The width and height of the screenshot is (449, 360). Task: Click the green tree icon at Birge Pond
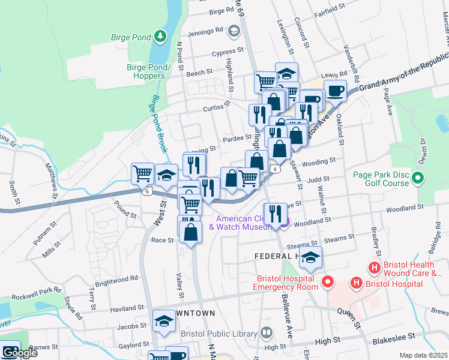click(160, 37)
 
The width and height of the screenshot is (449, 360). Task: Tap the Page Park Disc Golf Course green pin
click(418, 178)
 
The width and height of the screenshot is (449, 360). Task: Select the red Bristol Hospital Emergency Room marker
click(327, 281)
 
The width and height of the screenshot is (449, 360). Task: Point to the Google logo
click(19, 353)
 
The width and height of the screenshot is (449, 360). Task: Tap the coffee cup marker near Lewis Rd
click(335, 91)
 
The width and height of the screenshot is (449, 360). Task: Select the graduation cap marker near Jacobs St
click(164, 321)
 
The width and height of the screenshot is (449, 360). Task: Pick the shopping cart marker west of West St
click(143, 173)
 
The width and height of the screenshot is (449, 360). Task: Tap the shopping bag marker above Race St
click(190, 231)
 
